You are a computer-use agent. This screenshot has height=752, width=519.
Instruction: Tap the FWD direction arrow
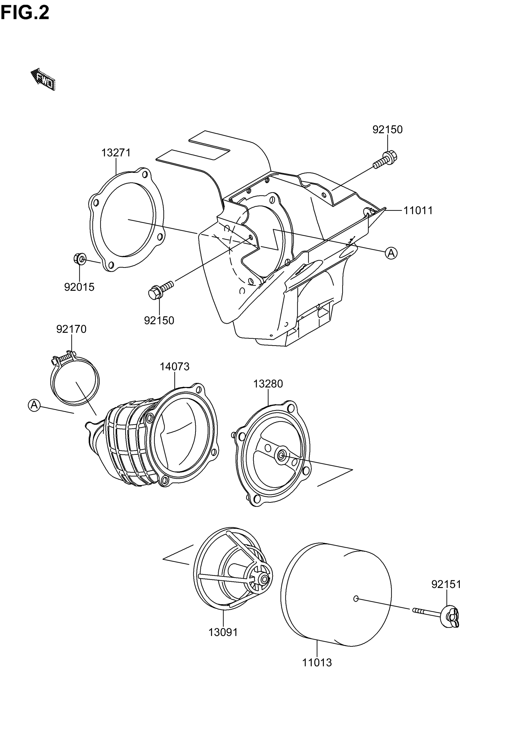[x=43, y=79]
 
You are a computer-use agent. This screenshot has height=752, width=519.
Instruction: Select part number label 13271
[x=116, y=152]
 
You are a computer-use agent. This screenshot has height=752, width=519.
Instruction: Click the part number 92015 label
[x=79, y=287]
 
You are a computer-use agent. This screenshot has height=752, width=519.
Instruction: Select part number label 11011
[x=418, y=210]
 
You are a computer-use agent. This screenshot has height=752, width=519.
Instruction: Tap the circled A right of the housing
[x=391, y=253]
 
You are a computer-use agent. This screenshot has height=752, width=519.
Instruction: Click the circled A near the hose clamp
[x=34, y=405]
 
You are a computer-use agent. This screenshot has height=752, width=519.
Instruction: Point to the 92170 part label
[x=71, y=329]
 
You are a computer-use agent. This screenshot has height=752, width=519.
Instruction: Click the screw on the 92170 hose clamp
[x=64, y=358]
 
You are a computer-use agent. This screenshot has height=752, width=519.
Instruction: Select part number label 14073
[x=174, y=367]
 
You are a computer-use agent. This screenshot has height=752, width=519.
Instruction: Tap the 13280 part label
[x=268, y=384]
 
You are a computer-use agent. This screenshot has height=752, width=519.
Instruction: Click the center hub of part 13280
[x=281, y=455]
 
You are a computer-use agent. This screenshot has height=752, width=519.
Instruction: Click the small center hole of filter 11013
[x=356, y=598]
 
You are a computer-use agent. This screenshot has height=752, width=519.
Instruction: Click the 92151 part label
[x=446, y=585]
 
